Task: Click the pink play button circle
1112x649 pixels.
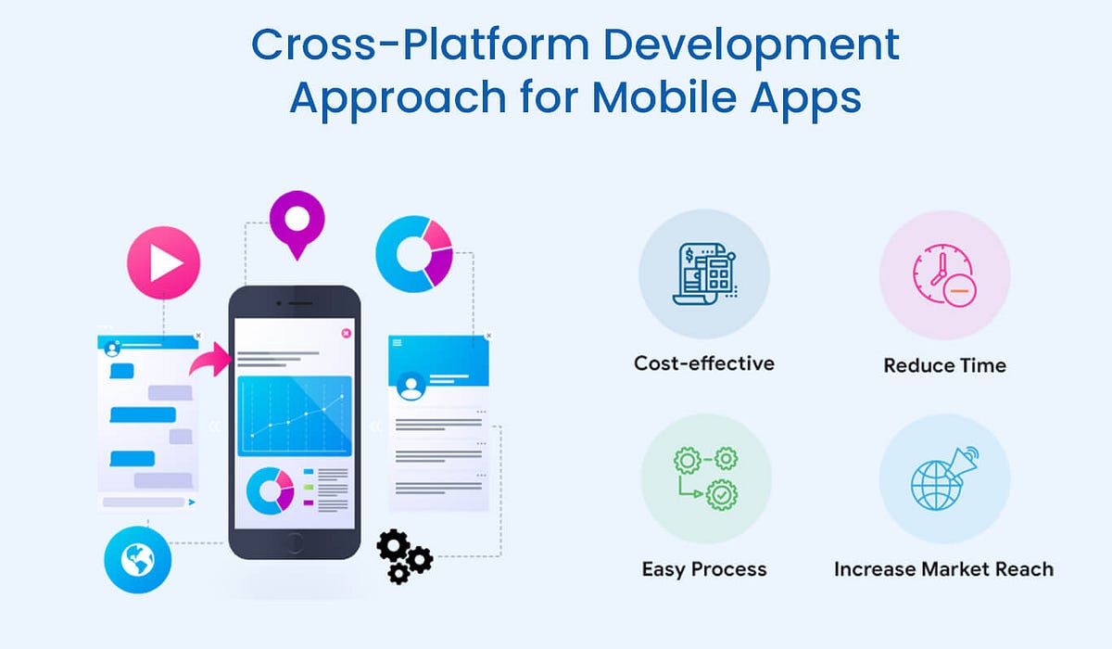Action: coord(163,262)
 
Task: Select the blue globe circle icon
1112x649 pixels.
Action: coord(137,558)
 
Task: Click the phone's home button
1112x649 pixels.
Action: coord(294,541)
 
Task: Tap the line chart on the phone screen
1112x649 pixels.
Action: coord(295,415)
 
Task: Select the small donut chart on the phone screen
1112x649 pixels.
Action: coord(271,490)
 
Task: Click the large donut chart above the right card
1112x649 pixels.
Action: coord(414,251)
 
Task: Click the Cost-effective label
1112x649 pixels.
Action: coord(703,363)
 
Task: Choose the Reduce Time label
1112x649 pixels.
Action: coord(944,365)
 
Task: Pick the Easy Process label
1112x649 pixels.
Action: coord(703,568)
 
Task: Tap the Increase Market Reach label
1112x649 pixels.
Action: coord(943,568)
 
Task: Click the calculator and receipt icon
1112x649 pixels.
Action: coord(704,274)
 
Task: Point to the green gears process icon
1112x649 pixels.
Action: coord(704,479)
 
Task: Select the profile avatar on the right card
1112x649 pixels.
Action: coord(411,385)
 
